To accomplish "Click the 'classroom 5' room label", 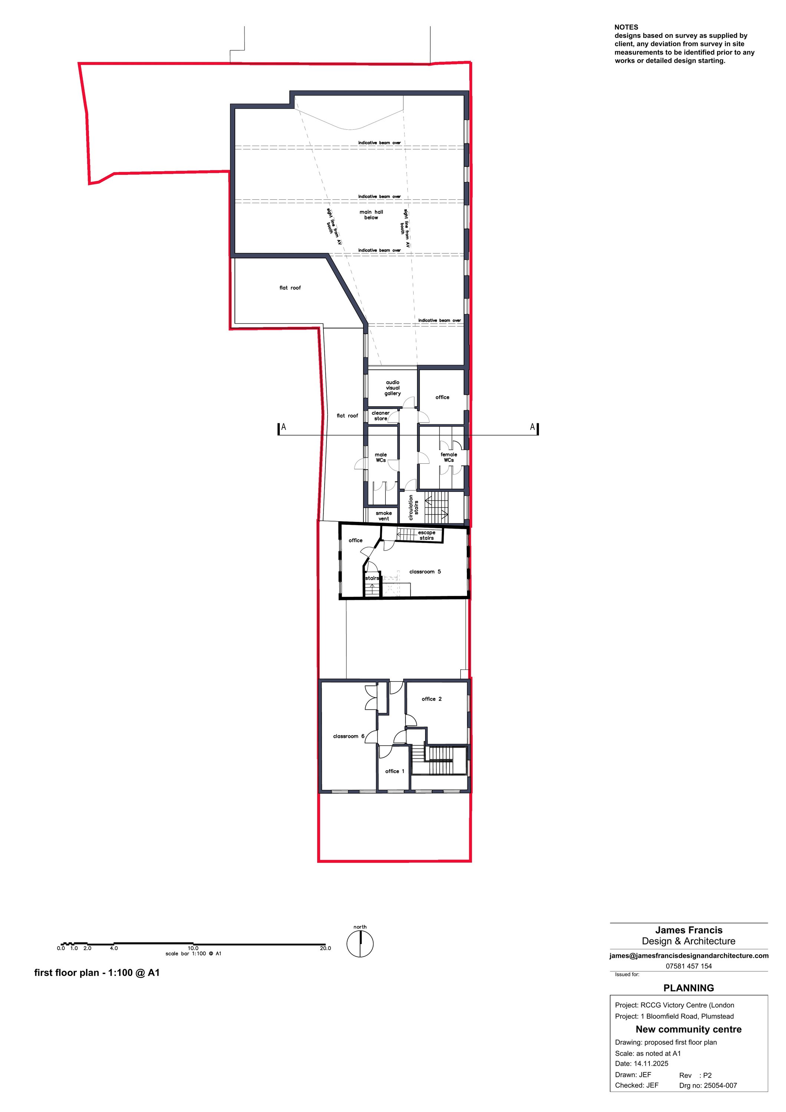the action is pyautogui.click(x=425, y=572).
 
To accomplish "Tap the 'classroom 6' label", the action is pyautogui.click(x=348, y=736).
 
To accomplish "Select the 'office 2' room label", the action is pyautogui.click(x=431, y=699).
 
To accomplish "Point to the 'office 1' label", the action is pyautogui.click(x=394, y=771).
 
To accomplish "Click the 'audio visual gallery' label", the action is pyautogui.click(x=392, y=388).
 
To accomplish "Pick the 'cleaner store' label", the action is pyautogui.click(x=381, y=416).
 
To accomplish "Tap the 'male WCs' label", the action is pyautogui.click(x=381, y=457).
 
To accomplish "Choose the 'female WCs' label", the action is pyautogui.click(x=449, y=457).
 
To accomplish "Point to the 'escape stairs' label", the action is pyautogui.click(x=427, y=535).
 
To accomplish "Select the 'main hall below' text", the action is pyautogui.click(x=371, y=215).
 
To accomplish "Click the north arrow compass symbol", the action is pyautogui.click(x=360, y=943).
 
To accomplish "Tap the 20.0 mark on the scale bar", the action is pyautogui.click(x=325, y=948).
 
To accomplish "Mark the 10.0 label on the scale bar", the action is pyautogui.click(x=193, y=948).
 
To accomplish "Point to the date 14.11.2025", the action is pyautogui.click(x=651, y=1063).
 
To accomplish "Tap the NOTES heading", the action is pyautogui.click(x=626, y=27).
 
